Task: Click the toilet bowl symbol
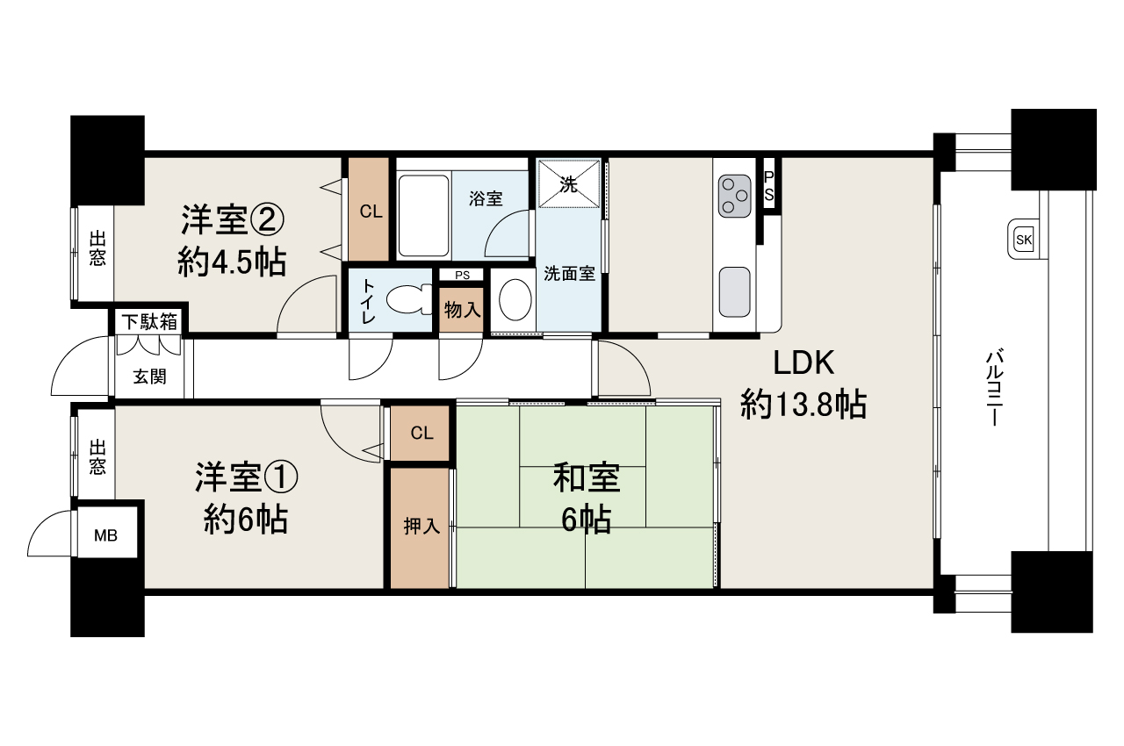coord(409,299)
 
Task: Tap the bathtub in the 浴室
coord(423,216)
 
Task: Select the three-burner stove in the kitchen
coord(735,196)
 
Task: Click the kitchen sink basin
coord(735,291)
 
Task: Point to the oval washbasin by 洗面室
coord(515,299)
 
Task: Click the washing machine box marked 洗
coord(568,183)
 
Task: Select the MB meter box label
coord(106,536)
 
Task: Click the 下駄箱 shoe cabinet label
coord(149,321)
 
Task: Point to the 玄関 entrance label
coord(149,377)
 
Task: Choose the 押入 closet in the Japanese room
coord(420,527)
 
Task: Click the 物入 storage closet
coord(461,309)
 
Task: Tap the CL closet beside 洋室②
coord(369,209)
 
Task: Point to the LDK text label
coord(803,363)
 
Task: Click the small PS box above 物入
coord(462,275)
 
